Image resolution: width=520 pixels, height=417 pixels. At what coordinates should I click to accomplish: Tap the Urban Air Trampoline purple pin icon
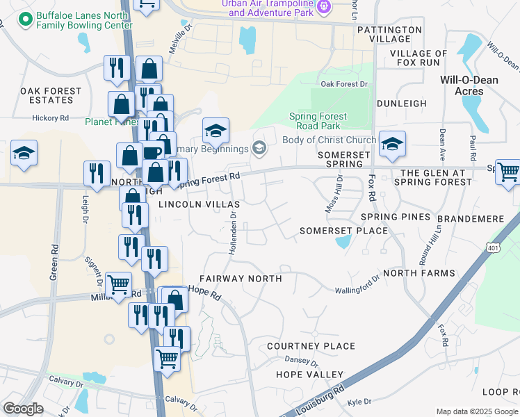pos(323,7)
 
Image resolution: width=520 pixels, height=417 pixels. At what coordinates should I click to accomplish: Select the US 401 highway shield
pos(493,247)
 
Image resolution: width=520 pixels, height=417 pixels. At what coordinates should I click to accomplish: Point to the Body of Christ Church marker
pos(259,147)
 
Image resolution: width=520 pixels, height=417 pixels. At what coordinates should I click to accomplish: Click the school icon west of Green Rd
pos(24,155)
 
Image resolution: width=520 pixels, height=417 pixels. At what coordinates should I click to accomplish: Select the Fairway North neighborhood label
pos(241,279)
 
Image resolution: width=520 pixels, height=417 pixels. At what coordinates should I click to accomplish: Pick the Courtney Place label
pos(311,346)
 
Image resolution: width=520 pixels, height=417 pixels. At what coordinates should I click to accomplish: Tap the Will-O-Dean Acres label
pos(469,85)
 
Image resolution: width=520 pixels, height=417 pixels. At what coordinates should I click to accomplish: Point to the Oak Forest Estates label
pos(51,96)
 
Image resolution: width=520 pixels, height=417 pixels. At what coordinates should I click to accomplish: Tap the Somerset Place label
pos(343,230)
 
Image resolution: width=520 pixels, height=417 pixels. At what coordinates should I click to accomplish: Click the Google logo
pos(23,408)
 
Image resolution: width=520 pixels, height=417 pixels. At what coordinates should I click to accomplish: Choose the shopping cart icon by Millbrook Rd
pos(119,283)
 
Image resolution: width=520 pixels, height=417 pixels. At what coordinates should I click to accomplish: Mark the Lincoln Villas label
pos(199,204)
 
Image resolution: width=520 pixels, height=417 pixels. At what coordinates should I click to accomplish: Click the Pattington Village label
pos(389,34)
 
